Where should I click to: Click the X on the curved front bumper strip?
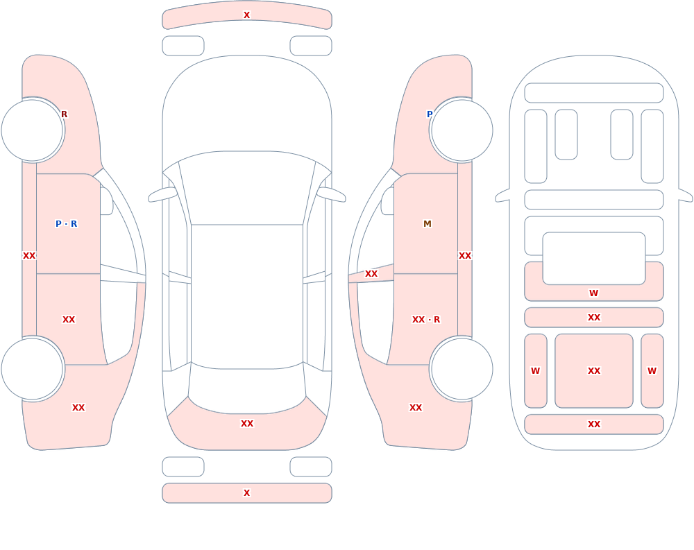[x=246, y=15]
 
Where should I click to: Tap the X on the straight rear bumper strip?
[x=246, y=493]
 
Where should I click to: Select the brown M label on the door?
[x=427, y=224]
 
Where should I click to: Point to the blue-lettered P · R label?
[x=67, y=224]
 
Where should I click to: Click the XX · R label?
[x=426, y=320]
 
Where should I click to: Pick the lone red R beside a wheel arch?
[x=64, y=114]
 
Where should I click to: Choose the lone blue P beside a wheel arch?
[x=430, y=114]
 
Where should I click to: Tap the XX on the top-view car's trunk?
[x=247, y=424]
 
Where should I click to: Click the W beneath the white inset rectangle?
[x=593, y=293]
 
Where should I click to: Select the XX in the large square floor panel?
[x=594, y=371]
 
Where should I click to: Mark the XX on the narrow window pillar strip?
[x=371, y=274]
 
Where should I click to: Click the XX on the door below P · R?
[x=69, y=320]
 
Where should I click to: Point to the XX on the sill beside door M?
[x=465, y=256]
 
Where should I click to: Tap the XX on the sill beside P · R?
[x=29, y=256]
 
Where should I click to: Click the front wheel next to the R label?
[x=32, y=130]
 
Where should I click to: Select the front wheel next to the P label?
[x=462, y=130]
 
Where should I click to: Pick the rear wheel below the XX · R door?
[x=462, y=368]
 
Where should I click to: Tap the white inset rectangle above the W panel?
[x=594, y=259]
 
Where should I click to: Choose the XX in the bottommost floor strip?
[x=594, y=424]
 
